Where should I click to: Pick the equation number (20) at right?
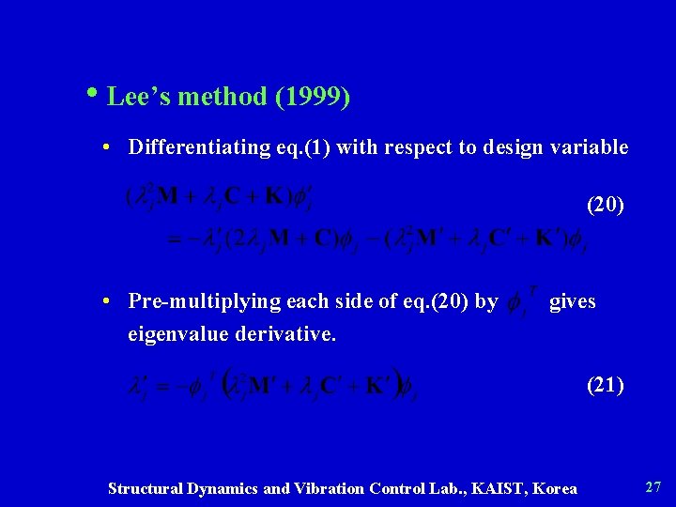(605, 204)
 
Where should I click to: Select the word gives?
(572, 301)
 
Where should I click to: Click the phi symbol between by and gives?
(515, 302)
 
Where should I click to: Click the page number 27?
(653, 487)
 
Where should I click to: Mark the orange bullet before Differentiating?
(109, 148)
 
